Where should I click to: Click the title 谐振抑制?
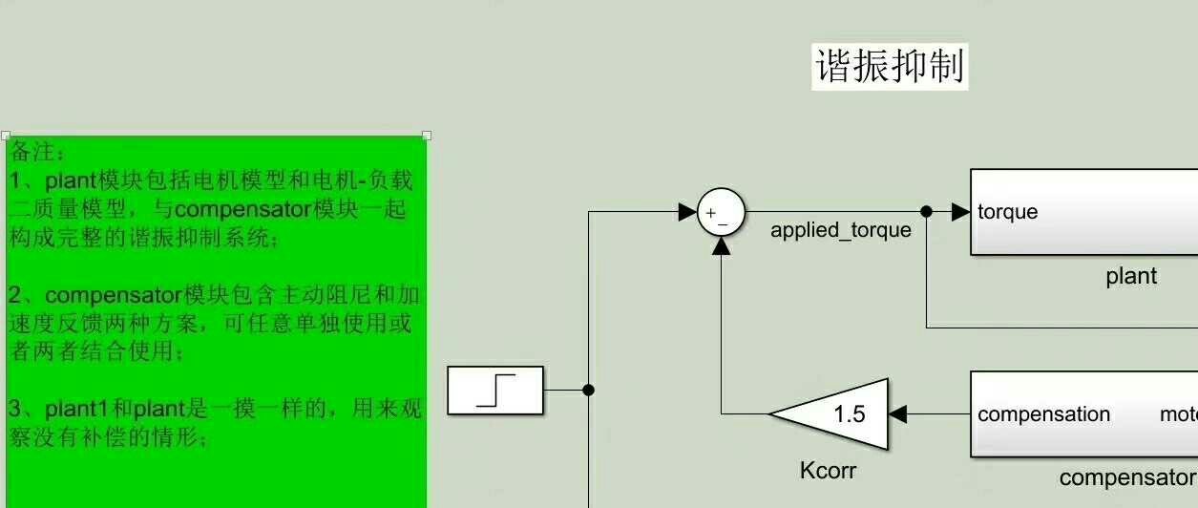[890, 67]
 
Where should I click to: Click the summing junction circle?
[721, 212]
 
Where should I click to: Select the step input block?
[495, 390]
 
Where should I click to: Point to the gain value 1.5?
[849, 413]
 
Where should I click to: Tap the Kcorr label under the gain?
[828, 470]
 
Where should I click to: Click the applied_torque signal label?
[840, 230]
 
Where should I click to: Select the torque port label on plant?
[1007, 212]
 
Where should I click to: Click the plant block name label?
[1131, 276]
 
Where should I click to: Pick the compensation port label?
[1043, 414]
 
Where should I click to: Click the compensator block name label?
[1126, 477]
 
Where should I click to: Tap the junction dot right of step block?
[588, 390]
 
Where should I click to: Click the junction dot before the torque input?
[926, 211]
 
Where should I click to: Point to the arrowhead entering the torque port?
[960, 212]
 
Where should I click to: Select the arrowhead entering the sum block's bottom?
[722, 246]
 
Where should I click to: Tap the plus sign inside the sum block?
[710, 212]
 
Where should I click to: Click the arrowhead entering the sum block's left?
[687, 212]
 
